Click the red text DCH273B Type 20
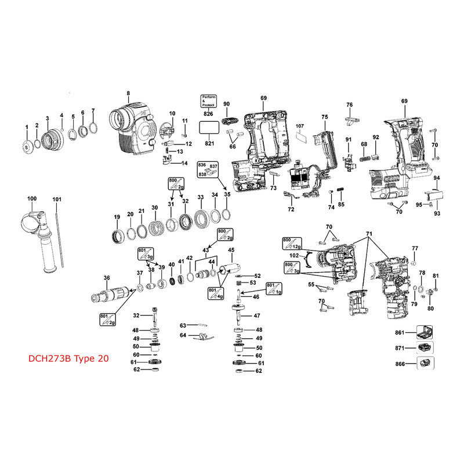click(x=68, y=358)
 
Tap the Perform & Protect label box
click(x=208, y=100)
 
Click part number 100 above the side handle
click(x=31, y=200)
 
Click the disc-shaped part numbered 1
click(x=27, y=146)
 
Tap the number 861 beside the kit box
click(x=399, y=333)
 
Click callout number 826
click(x=208, y=114)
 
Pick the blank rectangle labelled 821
click(x=208, y=128)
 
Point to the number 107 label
click(x=300, y=126)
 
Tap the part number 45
click(x=231, y=251)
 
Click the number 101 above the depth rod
click(x=57, y=200)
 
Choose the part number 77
click(x=415, y=248)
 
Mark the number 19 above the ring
click(x=117, y=217)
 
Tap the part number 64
click(x=183, y=335)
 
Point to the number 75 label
click(x=325, y=117)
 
